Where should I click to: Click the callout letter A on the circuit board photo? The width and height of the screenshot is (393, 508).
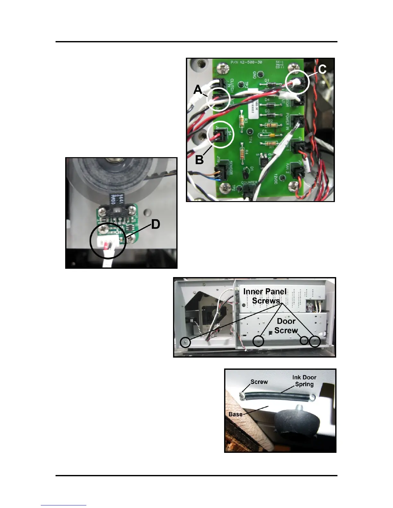pos(198,89)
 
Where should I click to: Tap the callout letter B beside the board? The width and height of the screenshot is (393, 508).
pos(199,159)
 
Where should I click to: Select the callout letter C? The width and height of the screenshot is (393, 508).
pos(322,69)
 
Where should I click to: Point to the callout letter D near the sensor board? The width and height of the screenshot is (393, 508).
pos(156,224)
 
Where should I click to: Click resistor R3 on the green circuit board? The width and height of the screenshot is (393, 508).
pos(242,121)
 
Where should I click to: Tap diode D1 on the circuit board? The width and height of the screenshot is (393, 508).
pos(267,84)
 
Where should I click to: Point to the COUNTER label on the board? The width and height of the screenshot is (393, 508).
pos(249,183)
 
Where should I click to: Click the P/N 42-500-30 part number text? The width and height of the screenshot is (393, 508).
pos(246,62)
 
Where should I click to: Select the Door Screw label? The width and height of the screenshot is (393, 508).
pos(286,326)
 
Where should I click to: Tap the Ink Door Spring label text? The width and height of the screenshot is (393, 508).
pos(304,381)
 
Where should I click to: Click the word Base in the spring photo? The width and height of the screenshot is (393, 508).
pos(235,414)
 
